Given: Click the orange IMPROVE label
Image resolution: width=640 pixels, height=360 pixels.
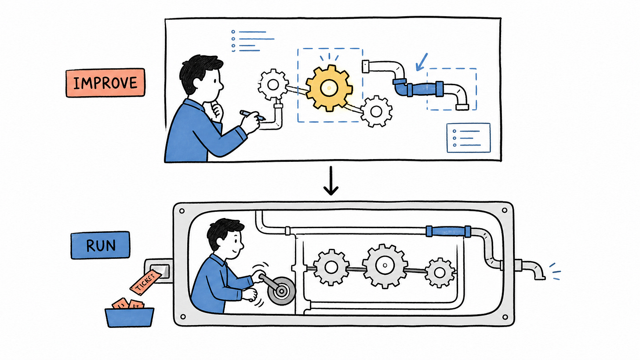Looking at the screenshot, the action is [105, 83].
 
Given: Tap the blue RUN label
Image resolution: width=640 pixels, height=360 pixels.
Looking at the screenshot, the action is [100, 245].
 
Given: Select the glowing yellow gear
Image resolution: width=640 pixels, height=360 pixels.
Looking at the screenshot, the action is [329, 88].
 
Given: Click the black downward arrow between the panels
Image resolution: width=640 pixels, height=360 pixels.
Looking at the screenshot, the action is [331, 181].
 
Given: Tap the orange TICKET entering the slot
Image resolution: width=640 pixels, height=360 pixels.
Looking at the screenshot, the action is [146, 282].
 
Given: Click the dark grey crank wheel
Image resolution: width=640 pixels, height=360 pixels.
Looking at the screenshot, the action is [281, 291].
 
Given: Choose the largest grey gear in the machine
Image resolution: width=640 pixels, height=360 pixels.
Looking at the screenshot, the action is [385, 265].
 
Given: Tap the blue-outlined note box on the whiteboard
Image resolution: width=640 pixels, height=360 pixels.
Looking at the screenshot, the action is [469, 138].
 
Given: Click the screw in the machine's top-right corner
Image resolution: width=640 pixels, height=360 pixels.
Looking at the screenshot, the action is [505, 210].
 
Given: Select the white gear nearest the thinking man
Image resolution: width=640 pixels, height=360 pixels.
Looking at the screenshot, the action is [273, 84].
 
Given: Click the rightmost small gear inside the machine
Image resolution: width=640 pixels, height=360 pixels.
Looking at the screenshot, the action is [440, 273].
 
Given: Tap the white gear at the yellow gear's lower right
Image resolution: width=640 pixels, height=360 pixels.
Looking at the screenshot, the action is [376, 112].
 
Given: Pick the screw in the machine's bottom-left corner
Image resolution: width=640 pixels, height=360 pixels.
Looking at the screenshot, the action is [183, 317].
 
